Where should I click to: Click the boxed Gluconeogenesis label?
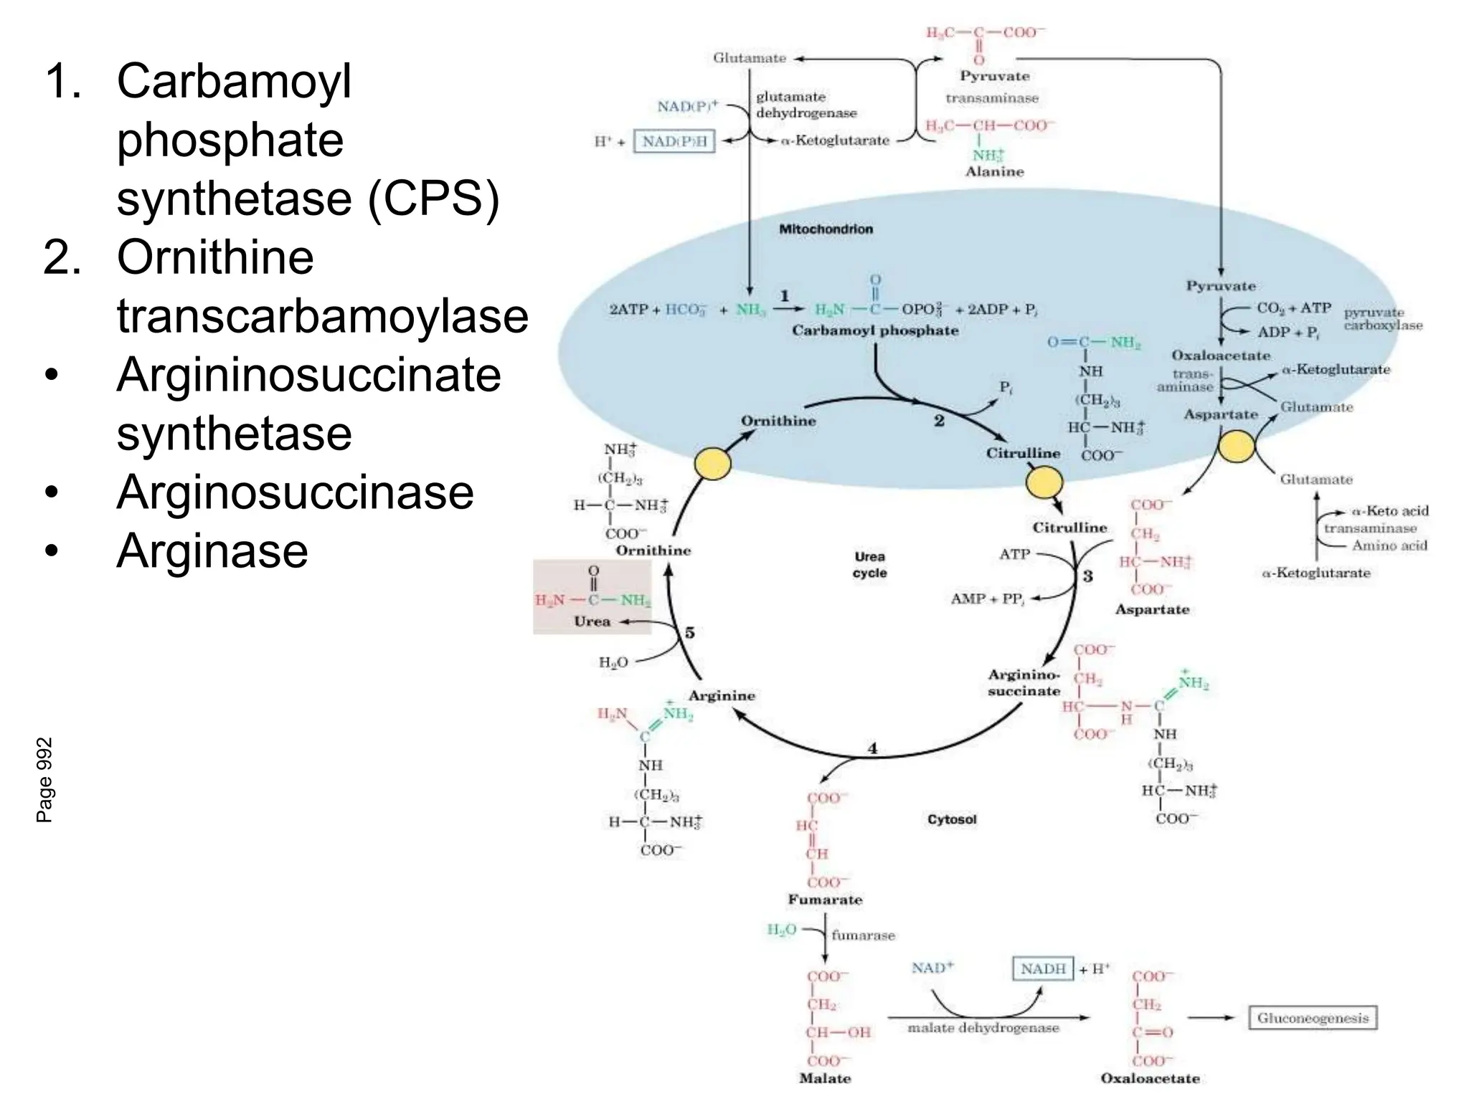click(1313, 1018)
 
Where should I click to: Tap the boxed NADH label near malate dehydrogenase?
click(1043, 968)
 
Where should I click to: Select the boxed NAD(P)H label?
click(674, 141)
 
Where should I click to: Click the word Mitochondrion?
click(826, 229)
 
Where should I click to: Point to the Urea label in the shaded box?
click(592, 621)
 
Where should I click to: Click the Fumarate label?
click(825, 900)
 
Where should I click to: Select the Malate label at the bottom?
click(825, 1078)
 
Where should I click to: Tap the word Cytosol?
click(951, 819)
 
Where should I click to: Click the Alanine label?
click(994, 171)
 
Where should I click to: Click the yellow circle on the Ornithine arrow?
click(713, 463)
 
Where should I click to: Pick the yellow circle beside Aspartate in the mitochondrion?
click(1237, 446)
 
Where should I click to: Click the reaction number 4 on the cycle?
click(873, 748)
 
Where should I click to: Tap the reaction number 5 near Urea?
click(689, 632)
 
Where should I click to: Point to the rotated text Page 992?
click(44, 780)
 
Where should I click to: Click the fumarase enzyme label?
click(863, 935)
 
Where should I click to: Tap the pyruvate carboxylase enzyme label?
click(1382, 319)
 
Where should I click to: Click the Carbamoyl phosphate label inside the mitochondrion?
click(875, 330)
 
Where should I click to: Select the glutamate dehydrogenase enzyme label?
click(806, 105)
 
